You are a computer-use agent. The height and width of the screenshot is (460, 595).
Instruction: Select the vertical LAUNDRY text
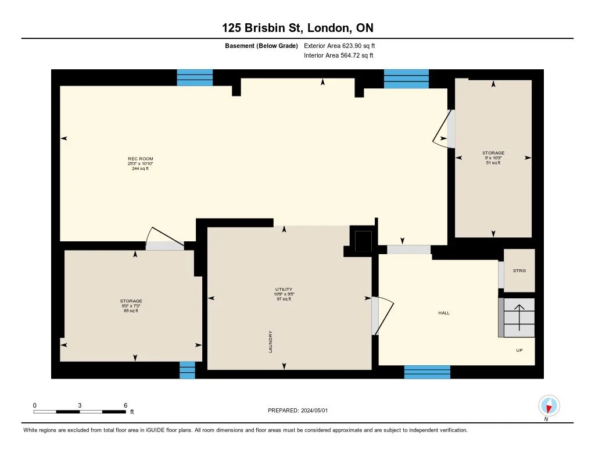point(271,341)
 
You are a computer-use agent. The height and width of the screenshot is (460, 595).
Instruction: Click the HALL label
point(444,313)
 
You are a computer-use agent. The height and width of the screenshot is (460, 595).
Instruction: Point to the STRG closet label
point(519,270)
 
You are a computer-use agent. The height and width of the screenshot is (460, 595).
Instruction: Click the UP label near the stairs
point(519,351)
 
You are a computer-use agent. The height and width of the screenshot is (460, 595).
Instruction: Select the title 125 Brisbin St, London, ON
point(297,28)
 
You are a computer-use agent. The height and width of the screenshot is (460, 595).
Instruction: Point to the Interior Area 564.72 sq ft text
point(338,56)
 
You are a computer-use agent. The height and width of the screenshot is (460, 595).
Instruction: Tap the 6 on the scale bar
point(125,405)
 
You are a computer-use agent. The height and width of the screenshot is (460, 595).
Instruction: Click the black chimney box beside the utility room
point(363,241)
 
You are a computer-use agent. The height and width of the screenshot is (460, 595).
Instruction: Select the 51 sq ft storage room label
point(493,163)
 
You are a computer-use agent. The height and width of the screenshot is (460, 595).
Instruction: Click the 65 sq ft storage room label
point(131,311)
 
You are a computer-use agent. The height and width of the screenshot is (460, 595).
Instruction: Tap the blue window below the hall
point(427,372)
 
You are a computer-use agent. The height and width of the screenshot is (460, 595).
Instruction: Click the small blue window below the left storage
point(187,370)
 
